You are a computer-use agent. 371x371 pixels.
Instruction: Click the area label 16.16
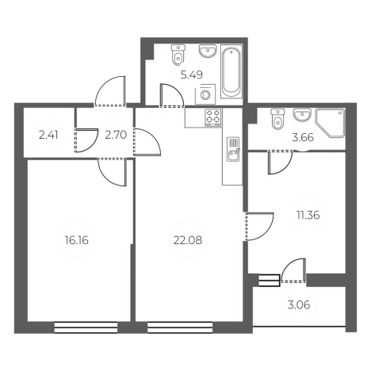pyautogui.click(x=77, y=240)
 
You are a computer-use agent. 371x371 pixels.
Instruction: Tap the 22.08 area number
pyautogui.click(x=188, y=240)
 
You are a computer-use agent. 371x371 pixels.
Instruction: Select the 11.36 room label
pyautogui.click(x=308, y=215)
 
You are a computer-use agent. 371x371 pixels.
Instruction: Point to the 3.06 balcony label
pyautogui.click(x=299, y=305)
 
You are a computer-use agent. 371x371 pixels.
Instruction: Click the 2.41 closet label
pyautogui.click(x=48, y=136)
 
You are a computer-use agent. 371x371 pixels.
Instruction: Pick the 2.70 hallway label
pyautogui.click(x=116, y=136)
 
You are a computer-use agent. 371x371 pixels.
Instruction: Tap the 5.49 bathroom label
pyautogui.click(x=192, y=75)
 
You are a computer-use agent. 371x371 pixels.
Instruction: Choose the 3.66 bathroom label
pyautogui.click(x=303, y=137)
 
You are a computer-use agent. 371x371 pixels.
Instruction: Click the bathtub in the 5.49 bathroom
pyautogui.click(x=231, y=71)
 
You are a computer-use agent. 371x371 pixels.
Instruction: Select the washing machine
pyautogui.click(x=205, y=94)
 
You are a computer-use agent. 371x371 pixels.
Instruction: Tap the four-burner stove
pyautogui.click(x=213, y=117)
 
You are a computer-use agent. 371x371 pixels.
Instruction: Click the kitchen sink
pyautogui.click(x=233, y=149)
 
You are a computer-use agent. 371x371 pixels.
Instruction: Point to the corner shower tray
pyautogui.click(x=331, y=123)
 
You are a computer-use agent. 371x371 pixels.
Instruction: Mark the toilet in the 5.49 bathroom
pyautogui.click(x=178, y=55)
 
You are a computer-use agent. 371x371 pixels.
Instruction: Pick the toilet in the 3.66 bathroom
pyautogui.click(x=277, y=119)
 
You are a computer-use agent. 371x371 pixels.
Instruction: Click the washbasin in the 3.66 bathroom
pyautogui.click(x=302, y=115)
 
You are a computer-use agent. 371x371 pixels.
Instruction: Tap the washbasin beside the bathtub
pyautogui.click(x=208, y=51)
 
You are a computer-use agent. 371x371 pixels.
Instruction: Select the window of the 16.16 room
pyautogui.click(x=86, y=327)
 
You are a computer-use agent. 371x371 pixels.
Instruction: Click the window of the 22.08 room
pyautogui.click(x=180, y=327)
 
